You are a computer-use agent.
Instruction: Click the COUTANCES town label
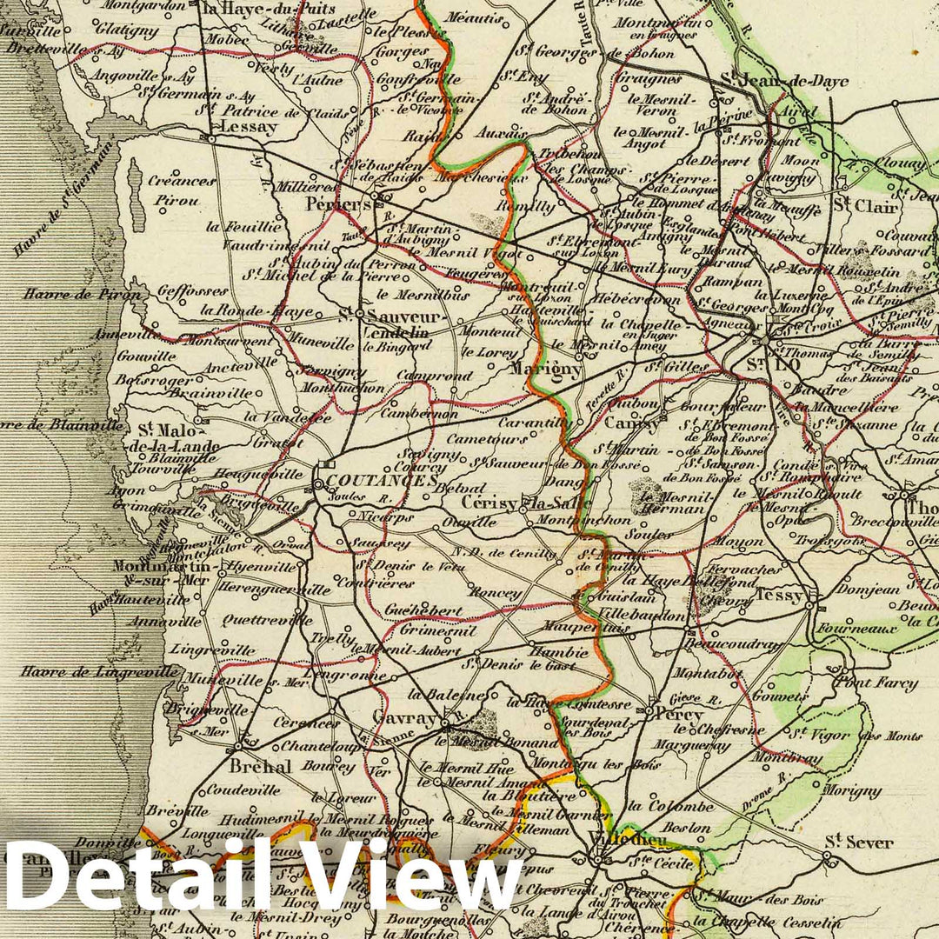[376, 481]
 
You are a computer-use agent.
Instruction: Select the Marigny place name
[545, 368]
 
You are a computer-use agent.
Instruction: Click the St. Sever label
[858, 842]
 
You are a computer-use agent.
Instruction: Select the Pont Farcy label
[875, 683]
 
